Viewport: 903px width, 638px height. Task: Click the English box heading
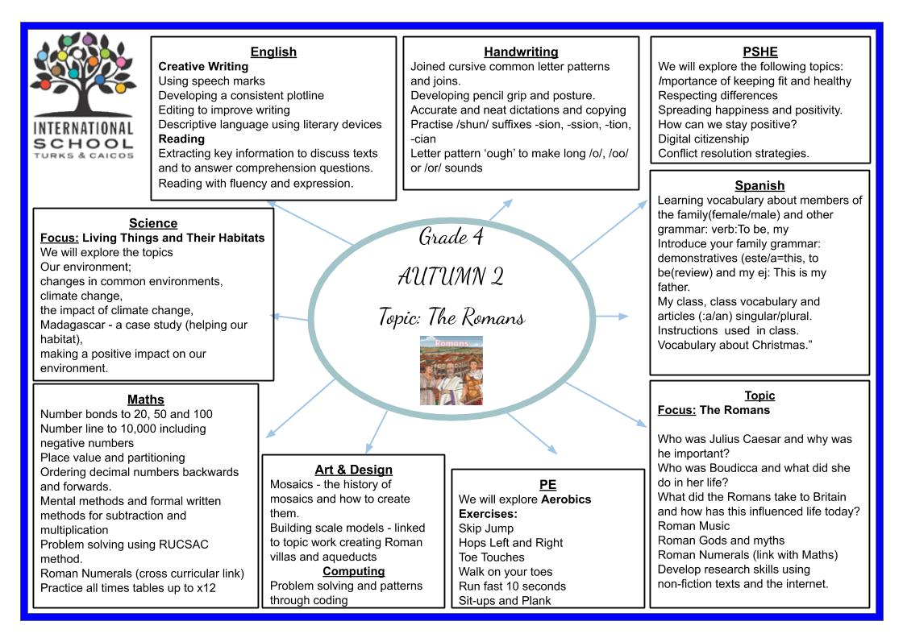273,52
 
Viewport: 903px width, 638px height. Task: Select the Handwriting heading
521,52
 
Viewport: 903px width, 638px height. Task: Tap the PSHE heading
760,52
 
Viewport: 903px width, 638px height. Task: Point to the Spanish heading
759,185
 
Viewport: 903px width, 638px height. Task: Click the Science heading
153,223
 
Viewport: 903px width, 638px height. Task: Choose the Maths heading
146,400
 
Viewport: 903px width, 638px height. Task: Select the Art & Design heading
354,470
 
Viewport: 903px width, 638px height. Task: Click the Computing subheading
354,571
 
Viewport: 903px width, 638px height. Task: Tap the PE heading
547,484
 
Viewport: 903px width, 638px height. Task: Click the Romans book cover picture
451,371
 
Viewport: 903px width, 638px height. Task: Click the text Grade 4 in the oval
451,237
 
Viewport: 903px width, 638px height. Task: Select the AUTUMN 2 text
451,277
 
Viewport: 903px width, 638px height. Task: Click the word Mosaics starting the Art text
291,484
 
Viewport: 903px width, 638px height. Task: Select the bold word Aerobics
566,499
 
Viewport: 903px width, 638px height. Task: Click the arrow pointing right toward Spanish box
611,316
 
